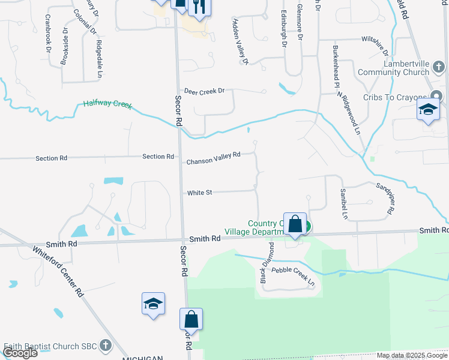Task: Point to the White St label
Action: point(199,193)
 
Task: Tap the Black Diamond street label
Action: point(265,262)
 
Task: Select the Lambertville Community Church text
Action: point(393,68)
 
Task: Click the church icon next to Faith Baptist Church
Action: point(106,346)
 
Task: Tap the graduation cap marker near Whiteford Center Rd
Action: point(153,304)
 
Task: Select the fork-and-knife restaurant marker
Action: point(199,7)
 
